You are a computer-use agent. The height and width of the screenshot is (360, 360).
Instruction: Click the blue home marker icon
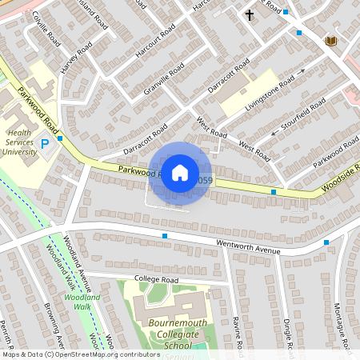click(x=180, y=172)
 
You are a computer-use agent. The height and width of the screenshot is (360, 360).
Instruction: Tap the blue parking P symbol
click(x=45, y=142)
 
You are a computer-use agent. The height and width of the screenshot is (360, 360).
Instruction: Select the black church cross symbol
click(x=249, y=15)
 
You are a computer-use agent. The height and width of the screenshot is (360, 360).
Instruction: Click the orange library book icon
click(x=330, y=40)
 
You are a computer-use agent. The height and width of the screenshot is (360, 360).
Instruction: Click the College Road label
click(x=156, y=280)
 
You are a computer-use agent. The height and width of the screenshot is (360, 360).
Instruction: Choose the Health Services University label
click(x=21, y=142)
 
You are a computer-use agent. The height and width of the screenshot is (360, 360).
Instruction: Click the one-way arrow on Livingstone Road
click(x=302, y=74)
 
